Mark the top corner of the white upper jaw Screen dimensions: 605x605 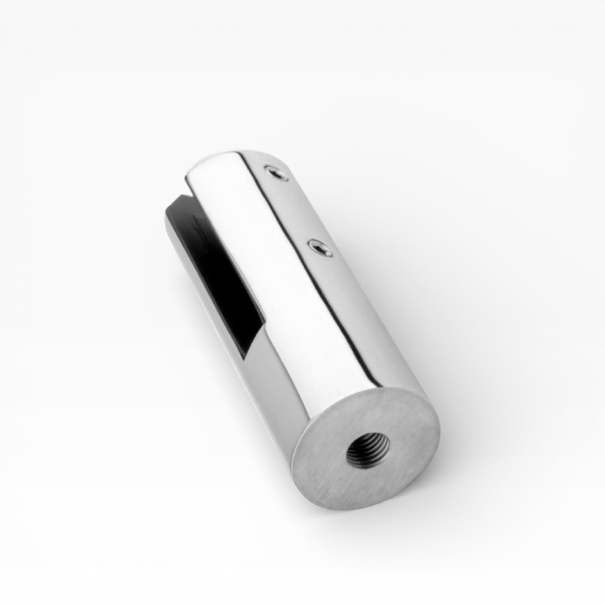188,176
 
